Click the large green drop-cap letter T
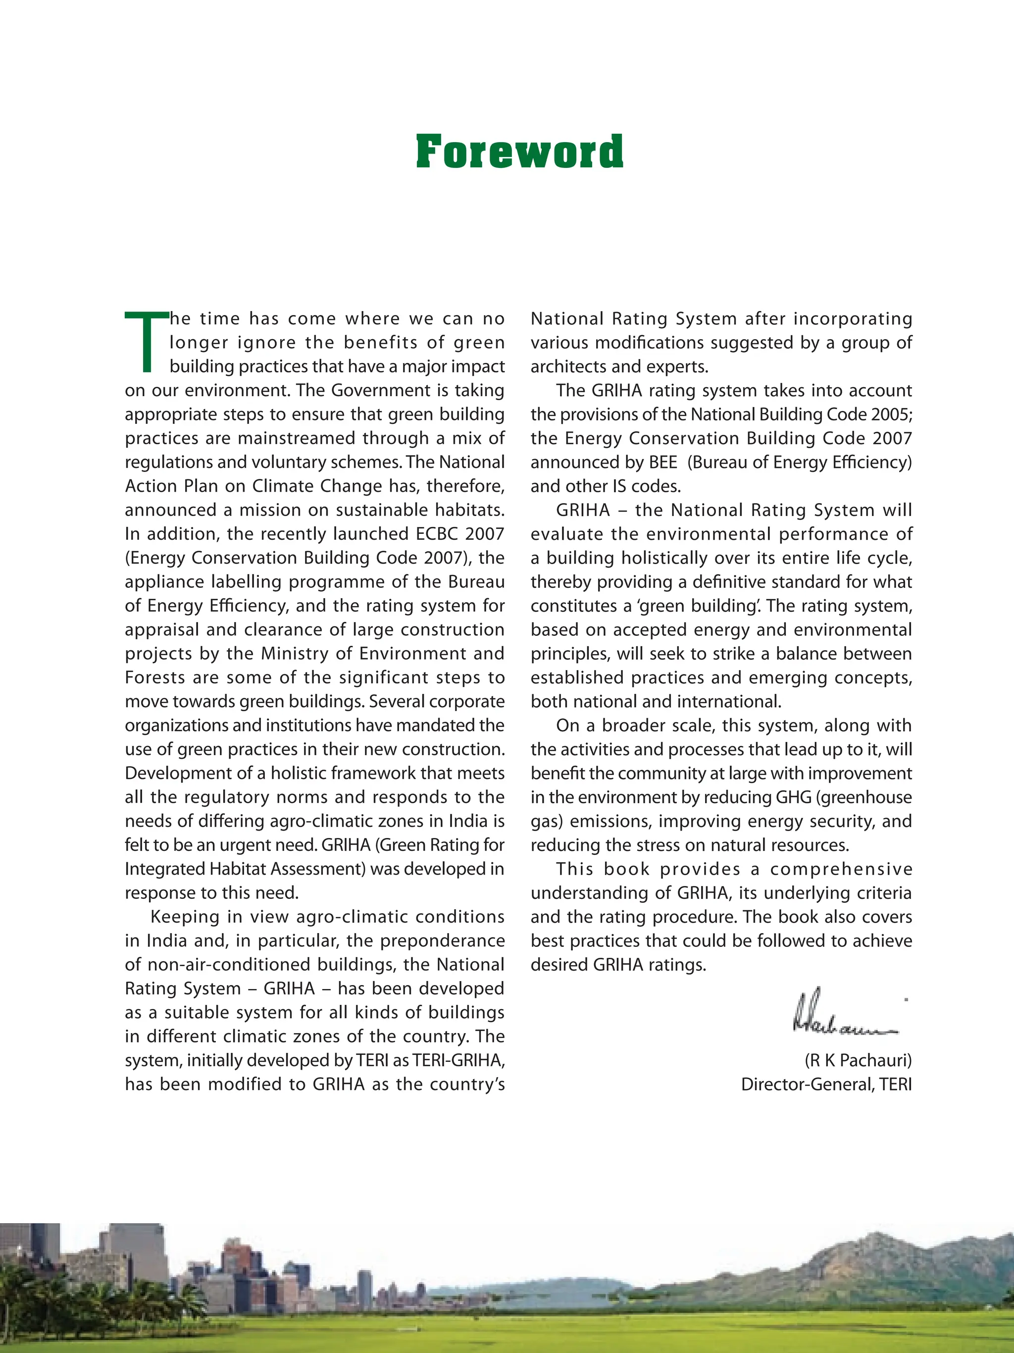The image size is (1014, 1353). coord(146,341)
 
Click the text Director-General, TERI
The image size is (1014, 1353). coord(826,1085)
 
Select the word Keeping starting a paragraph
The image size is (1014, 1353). coord(185,917)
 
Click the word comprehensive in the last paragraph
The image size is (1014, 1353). coord(841,869)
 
